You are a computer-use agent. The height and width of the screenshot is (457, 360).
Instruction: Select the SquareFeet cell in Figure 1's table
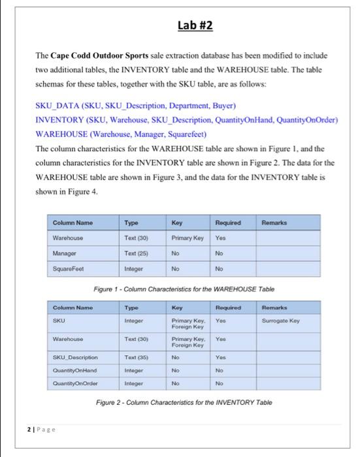pos(69,267)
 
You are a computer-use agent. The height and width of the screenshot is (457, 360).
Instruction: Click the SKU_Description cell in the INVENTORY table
pos(76,358)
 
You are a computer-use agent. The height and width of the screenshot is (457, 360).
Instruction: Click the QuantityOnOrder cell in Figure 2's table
pos(76,383)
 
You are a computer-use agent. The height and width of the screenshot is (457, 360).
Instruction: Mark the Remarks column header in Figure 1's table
pos(274,223)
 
